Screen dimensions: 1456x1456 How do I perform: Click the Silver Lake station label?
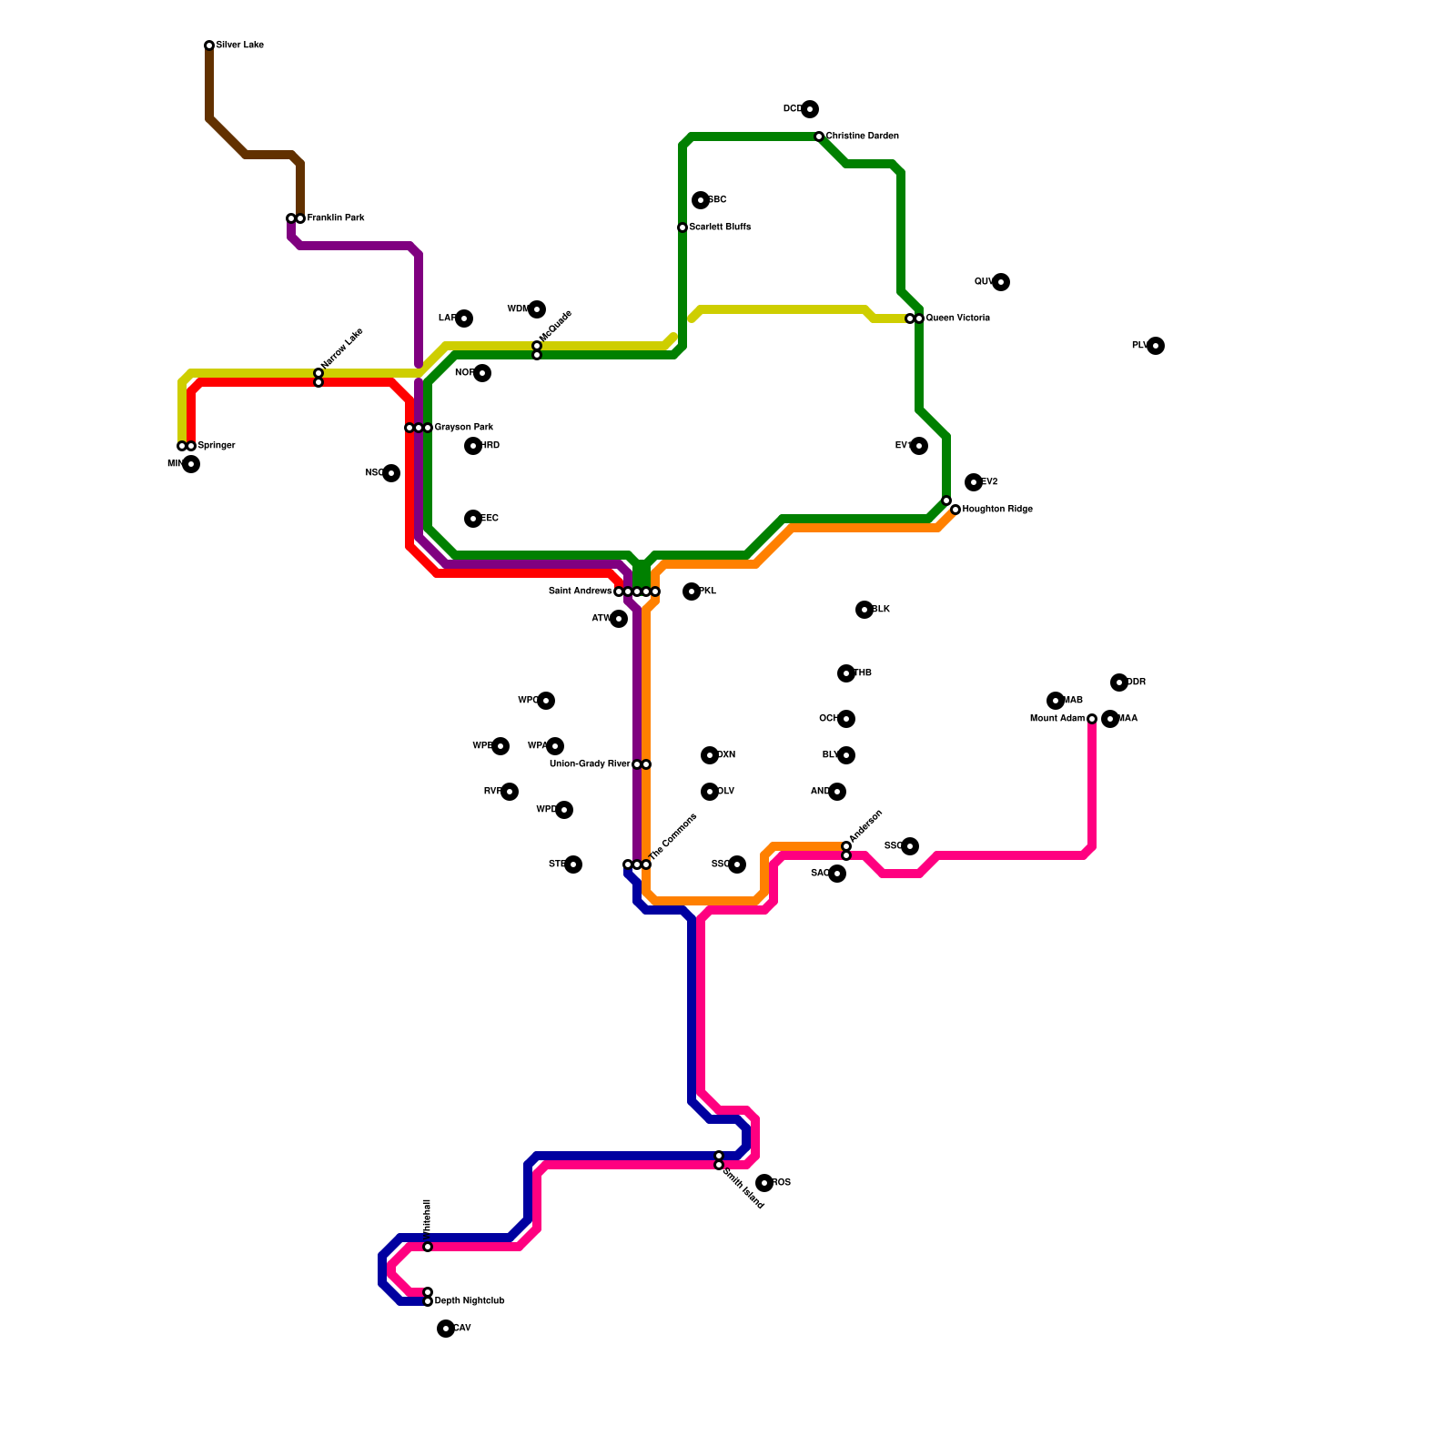coord(239,45)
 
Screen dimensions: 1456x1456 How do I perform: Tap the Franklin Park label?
coord(335,218)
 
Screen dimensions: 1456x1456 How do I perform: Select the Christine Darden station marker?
coord(819,136)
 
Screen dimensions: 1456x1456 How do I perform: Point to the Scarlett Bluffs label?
coord(720,227)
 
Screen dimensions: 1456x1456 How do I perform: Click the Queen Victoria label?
coord(957,318)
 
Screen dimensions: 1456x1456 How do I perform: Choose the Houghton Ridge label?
coord(997,510)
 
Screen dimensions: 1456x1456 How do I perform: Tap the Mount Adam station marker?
coord(1092,719)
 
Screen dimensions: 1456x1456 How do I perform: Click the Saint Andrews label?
coord(580,591)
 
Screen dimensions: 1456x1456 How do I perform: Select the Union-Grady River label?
coord(590,764)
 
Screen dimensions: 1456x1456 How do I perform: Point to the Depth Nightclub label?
coord(469,1301)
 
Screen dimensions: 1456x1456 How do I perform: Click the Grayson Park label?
coord(463,428)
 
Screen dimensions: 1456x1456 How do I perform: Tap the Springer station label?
coord(216,446)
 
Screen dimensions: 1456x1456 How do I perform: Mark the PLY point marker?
coord(1156,346)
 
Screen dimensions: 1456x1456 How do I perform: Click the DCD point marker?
coord(810,109)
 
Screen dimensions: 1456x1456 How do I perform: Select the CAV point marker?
coord(446,1329)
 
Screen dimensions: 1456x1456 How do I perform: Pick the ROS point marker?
coord(764,1183)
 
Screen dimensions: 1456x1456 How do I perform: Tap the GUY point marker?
coord(1001,282)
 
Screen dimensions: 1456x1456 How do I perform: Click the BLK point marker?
coord(864,610)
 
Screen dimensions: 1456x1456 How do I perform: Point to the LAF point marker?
coord(464,318)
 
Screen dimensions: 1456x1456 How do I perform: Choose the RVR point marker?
coord(510,792)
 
